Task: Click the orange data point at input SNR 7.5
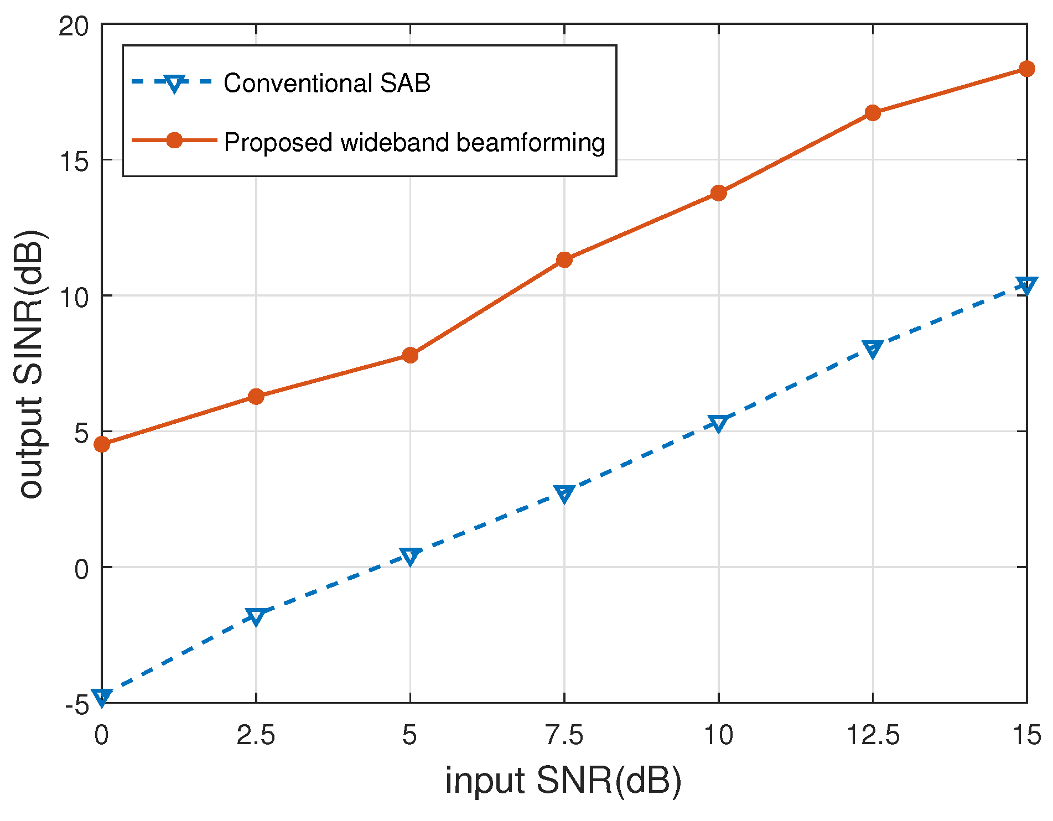pos(564,259)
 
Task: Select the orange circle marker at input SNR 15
pos(1026,69)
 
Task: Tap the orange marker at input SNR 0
pos(102,444)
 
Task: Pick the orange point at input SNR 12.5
pos(873,113)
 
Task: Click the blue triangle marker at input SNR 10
pos(718,424)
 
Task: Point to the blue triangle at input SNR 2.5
pos(256,616)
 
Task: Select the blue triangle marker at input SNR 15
pos(1026,285)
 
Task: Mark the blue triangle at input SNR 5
pos(410,557)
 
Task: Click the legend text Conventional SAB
pos(326,84)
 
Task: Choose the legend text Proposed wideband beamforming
pos(414,143)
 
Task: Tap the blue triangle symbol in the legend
pos(174,84)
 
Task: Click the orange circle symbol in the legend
pos(174,141)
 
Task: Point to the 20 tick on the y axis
pos(74,26)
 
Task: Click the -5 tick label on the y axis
pos(77,705)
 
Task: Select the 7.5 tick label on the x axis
pos(564,736)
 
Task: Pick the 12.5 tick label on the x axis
pos(873,736)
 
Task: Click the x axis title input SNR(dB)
pos(563,781)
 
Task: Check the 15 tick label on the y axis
pos(74,161)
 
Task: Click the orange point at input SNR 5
pos(410,355)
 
